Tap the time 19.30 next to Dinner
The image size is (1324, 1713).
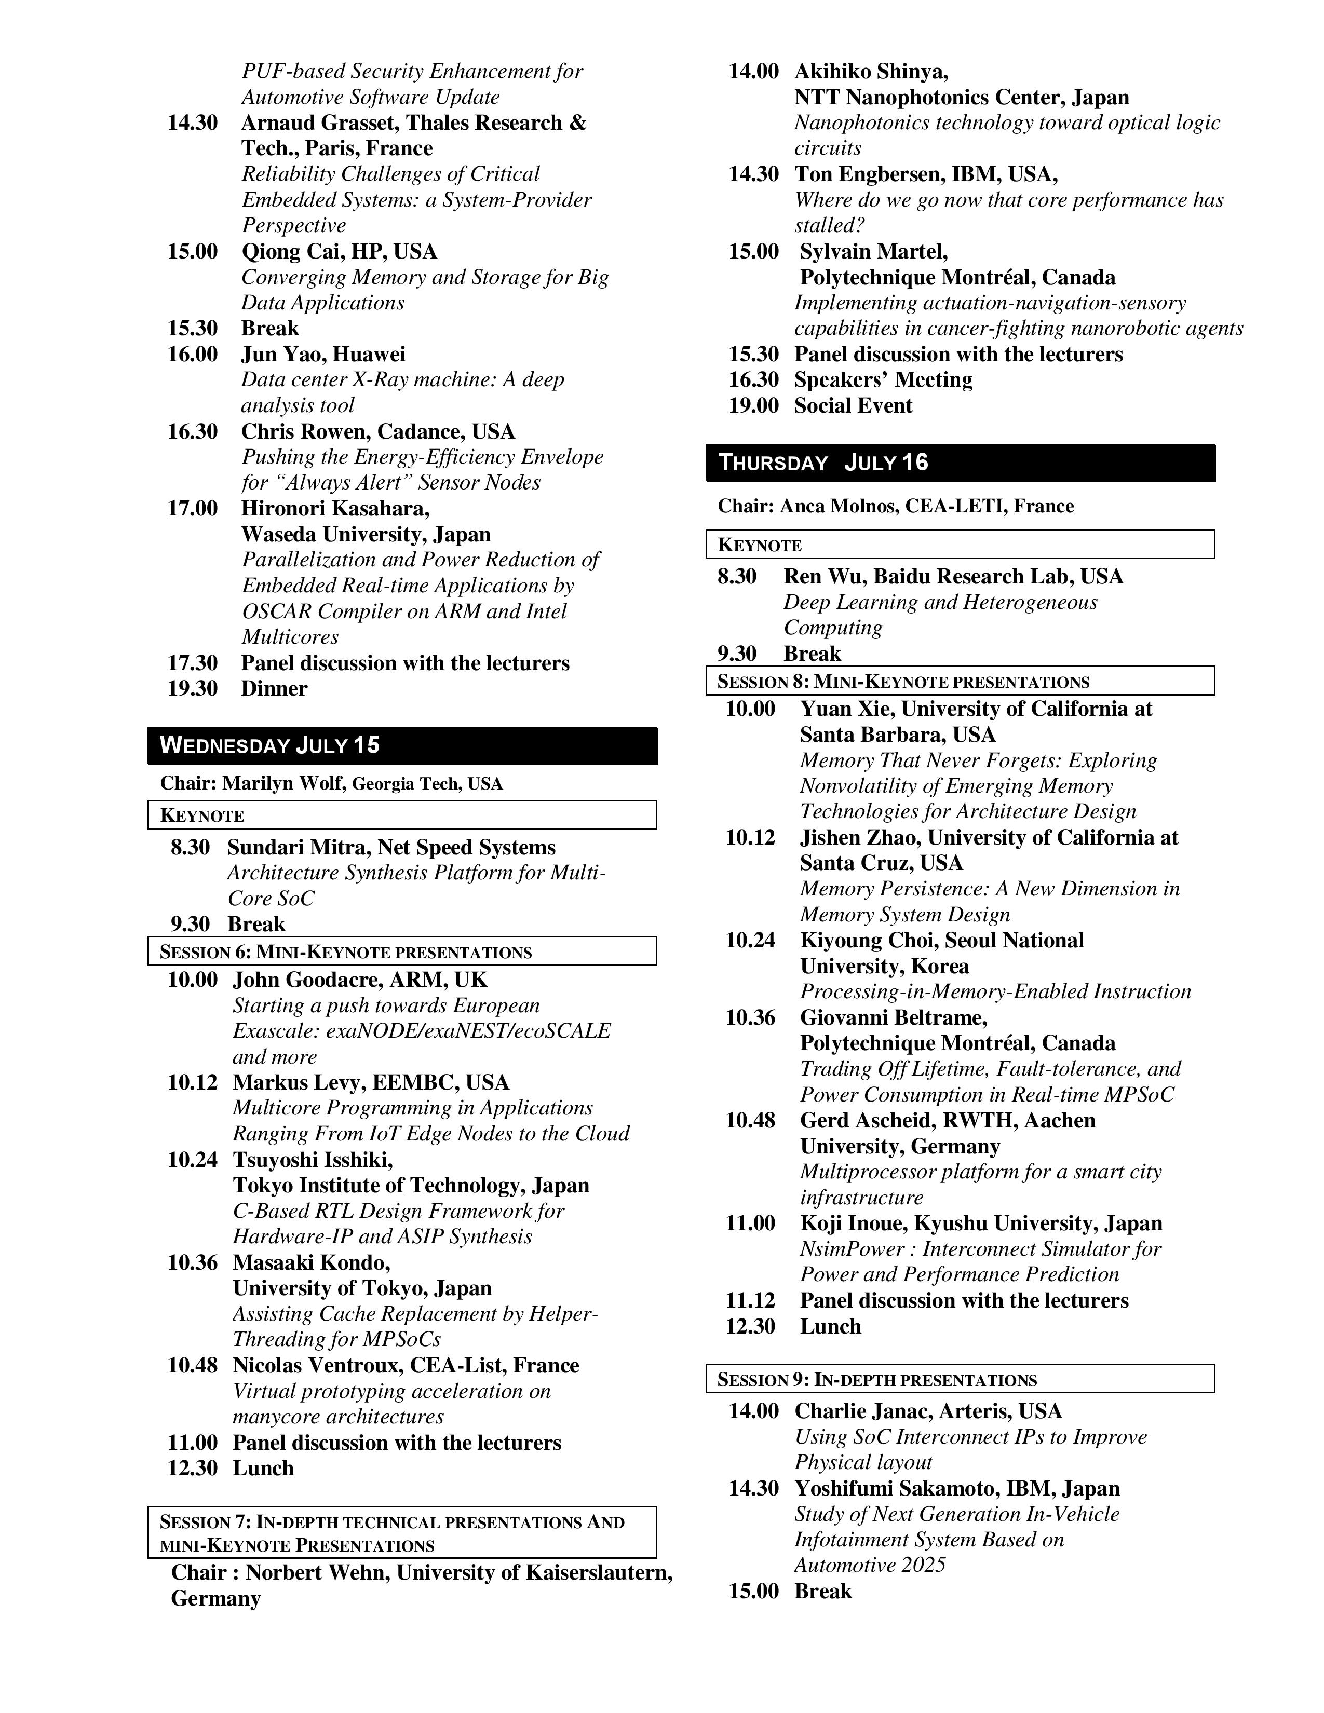(192, 689)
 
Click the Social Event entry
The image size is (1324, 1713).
(854, 405)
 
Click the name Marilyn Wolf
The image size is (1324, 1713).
(282, 783)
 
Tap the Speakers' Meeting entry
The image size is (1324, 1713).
(883, 379)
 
